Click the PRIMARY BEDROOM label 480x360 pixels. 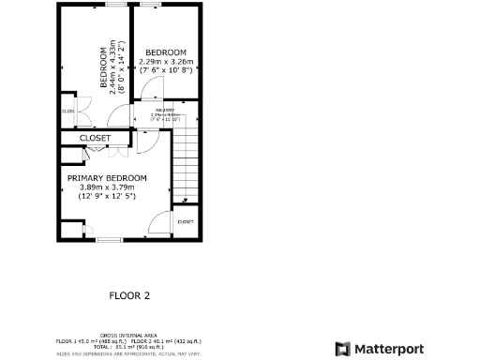(x=107, y=177)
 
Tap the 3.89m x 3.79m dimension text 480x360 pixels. (x=107, y=187)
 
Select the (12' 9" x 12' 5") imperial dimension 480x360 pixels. (x=107, y=196)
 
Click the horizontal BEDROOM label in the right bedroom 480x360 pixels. (x=166, y=52)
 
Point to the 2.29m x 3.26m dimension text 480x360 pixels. (x=166, y=62)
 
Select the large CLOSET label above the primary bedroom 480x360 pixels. (x=95, y=138)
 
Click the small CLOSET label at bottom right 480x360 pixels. (x=186, y=222)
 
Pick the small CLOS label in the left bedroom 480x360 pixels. (x=67, y=112)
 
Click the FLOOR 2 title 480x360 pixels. (x=129, y=294)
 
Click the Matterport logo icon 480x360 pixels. (x=343, y=349)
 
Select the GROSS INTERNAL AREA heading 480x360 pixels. (x=128, y=334)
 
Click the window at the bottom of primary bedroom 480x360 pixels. (x=110, y=240)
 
